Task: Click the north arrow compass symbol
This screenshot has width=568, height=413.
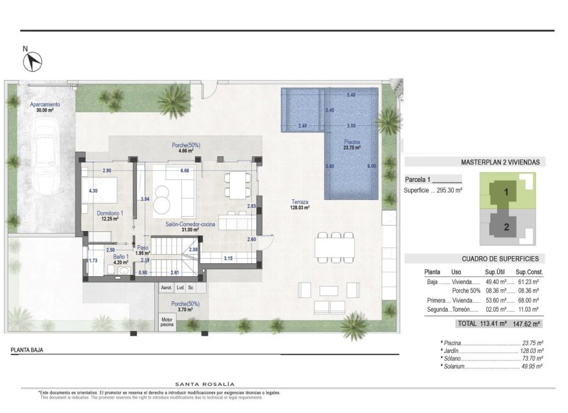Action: [x=33, y=61]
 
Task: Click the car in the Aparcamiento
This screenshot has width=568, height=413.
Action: [x=45, y=158]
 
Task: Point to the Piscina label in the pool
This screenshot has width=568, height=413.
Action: [x=352, y=144]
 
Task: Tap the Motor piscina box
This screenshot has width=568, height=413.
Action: [x=167, y=322]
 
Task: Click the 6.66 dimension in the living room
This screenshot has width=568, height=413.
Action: [x=185, y=170]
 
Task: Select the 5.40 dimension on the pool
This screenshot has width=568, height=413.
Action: [x=351, y=96]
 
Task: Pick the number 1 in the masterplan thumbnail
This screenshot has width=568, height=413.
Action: [x=507, y=192]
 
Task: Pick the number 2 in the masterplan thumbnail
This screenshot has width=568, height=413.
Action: [x=507, y=227]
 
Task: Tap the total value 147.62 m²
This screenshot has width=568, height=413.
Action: [x=525, y=323]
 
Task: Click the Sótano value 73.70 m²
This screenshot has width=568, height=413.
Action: [x=531, y=358]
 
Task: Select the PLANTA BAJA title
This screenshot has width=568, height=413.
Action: [x=28, y=351]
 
